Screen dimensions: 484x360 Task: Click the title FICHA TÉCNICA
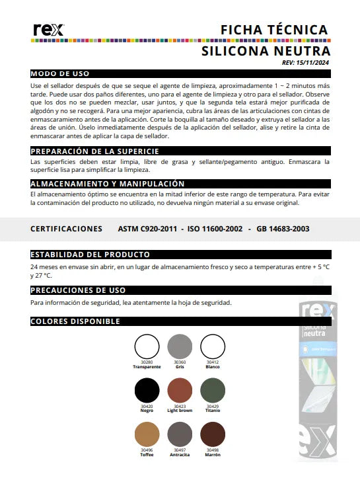[274, 30]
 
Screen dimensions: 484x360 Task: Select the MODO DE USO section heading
[60, 73]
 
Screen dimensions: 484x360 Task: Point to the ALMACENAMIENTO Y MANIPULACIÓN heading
[108, 183]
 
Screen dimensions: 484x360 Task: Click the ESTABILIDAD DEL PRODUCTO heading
[90, 254]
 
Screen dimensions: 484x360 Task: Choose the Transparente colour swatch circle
[147, 346]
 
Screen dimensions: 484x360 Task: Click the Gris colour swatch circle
[180, 346]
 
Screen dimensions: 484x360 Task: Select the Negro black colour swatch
[147, 390]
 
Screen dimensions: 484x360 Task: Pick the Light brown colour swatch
[180, 390]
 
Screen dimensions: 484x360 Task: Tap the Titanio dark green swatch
[213, 390]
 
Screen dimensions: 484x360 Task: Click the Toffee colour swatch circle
[147, 434]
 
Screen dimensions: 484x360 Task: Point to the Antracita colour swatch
[180, 434]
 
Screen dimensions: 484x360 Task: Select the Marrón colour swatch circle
[213, 434]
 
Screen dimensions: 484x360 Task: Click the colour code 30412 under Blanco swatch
[213, 362]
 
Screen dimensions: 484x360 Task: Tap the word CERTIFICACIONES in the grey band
[66, 229]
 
